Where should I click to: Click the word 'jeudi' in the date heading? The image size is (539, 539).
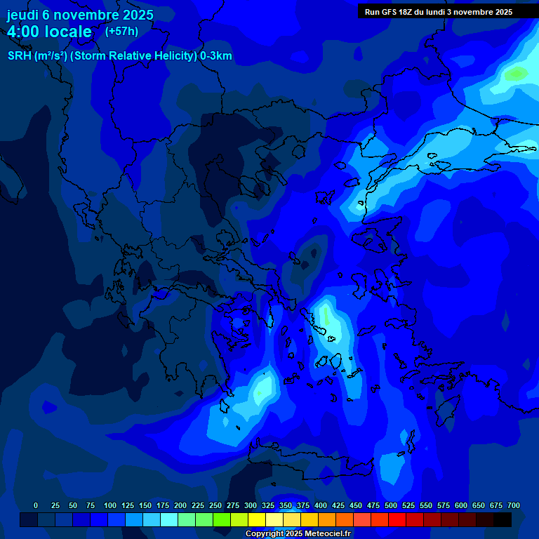point(23,15)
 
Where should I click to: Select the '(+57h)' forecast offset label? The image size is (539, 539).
point(121,32)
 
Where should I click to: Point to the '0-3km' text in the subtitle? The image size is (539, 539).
point(216,56)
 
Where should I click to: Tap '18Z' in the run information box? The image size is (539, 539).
point(409,12)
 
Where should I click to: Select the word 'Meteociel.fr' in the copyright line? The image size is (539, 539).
point(328,533)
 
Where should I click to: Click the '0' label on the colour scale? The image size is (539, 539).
point(36,505)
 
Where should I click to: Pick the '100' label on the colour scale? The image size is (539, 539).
point(110,505)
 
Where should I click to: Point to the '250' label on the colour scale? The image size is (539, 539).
point(215,505)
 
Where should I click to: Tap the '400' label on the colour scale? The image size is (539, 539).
point(321,505)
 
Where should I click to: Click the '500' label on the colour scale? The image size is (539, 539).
point(391,505)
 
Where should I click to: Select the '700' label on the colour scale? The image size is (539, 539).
point(514,505)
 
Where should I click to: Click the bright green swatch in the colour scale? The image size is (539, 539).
point(222,520)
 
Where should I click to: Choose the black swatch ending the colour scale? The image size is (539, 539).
point(503,520)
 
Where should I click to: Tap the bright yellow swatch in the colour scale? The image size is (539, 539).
point(257,520)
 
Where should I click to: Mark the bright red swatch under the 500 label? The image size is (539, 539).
point(397,520)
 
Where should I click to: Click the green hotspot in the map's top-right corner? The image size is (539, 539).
point(517,72)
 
